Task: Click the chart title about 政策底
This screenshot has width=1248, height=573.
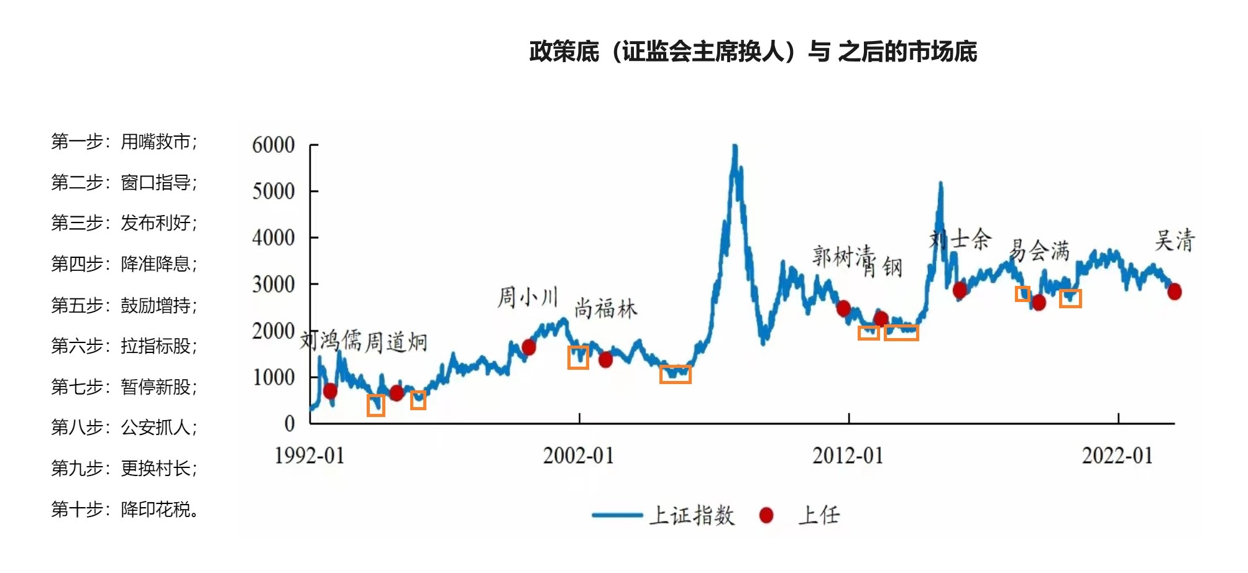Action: coord(753,52)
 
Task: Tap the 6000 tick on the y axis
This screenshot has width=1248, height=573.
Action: coord(273,145)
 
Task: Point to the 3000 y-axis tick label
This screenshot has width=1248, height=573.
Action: coord(273,285)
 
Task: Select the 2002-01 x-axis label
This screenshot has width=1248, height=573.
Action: coord(578,456)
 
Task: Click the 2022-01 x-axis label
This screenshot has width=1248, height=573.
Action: coord(1117,456)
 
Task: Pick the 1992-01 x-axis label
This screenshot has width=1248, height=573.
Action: coord(309,456)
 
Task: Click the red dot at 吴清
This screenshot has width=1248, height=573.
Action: coord(1174,291)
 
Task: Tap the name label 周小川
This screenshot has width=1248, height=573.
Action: coord(528,297)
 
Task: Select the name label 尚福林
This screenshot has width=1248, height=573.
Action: coord(605,309)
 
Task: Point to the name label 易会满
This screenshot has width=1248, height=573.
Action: coord(1039,250)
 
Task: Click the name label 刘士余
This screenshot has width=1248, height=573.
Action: coord(960,239)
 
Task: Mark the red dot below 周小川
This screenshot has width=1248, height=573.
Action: coord(529,347)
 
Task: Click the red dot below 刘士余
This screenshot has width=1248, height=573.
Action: coord(960,290)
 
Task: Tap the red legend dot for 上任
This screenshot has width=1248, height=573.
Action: coord(766,515)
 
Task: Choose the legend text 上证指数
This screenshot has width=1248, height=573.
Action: coord(692,515)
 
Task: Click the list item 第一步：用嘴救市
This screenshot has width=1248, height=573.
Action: coord(124,142)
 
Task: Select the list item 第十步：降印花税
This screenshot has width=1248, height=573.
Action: coord(125,510)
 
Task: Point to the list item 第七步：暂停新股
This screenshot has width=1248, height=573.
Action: coord(124,387)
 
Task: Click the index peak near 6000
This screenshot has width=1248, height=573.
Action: coord(735,148)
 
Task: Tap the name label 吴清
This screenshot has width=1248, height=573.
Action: coord(1174,241)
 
